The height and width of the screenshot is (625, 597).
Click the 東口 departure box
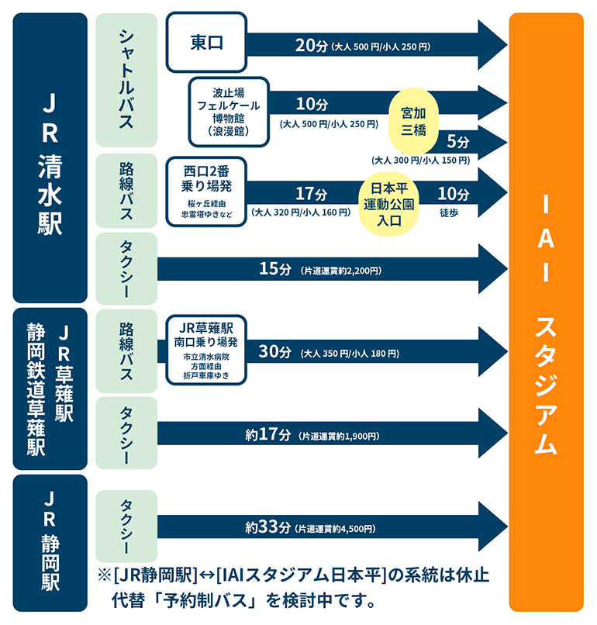[206, 42]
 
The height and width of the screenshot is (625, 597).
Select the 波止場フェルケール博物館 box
[229, 112]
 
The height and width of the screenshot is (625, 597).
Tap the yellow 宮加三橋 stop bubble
[414, 122]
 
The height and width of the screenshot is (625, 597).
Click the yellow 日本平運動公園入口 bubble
[389, 204]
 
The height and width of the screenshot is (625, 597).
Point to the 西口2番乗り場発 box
[206, 192]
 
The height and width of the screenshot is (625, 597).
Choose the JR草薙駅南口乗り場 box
[206, 350]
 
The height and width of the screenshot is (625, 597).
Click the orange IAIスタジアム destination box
[546, 312]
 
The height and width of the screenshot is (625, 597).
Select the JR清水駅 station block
[50, 158]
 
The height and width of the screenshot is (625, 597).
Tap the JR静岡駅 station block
[50, 543]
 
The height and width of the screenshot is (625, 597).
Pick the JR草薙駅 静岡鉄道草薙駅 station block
[50, 388]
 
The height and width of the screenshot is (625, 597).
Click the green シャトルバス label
[126, 80]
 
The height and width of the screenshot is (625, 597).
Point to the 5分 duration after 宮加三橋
[458, 141]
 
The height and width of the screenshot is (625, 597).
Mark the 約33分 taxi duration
[267, 527]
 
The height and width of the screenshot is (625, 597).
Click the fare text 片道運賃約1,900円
[339, 437]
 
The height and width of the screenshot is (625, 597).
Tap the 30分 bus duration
[275, 351]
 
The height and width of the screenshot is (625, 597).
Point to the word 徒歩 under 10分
[449, 212]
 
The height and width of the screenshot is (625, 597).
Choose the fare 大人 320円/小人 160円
[301, 212]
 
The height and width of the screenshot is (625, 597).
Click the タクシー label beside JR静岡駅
[126, 527]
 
